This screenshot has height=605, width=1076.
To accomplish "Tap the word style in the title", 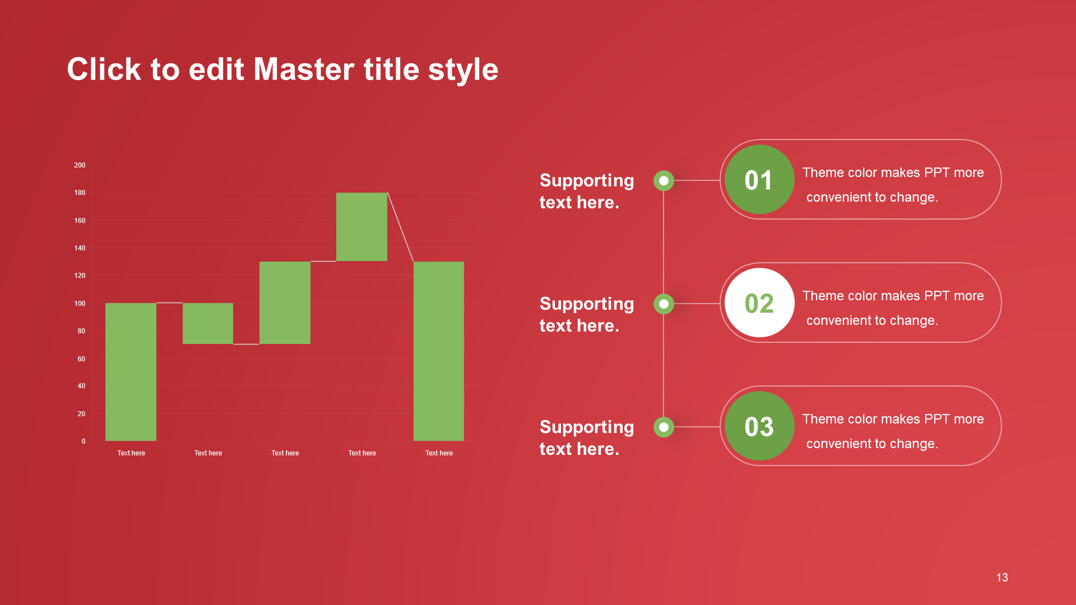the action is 463,71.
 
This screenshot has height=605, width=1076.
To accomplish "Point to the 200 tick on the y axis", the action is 80,165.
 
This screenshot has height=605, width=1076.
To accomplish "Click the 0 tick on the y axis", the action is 84,441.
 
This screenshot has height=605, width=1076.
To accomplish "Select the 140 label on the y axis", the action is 80,248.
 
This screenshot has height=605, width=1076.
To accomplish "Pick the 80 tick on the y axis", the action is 81,331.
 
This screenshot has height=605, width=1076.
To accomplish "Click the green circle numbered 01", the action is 759,179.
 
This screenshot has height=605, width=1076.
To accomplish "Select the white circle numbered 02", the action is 759,302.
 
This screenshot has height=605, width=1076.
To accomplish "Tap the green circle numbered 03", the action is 759,426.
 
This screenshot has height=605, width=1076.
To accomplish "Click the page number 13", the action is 1002,578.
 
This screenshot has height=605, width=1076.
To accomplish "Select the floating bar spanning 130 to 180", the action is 361,227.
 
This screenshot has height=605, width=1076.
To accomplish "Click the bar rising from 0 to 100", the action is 131,372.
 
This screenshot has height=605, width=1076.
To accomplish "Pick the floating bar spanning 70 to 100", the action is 208,323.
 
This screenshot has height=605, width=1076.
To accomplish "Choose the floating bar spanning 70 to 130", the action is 285,302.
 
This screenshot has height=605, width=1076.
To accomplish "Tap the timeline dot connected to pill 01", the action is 664,180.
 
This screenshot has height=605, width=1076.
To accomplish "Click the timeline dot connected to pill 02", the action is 664,304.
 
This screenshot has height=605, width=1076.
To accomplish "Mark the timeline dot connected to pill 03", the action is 664,427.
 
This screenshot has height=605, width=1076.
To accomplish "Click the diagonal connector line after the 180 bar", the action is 401,227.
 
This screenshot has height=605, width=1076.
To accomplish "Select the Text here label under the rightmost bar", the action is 439,453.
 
